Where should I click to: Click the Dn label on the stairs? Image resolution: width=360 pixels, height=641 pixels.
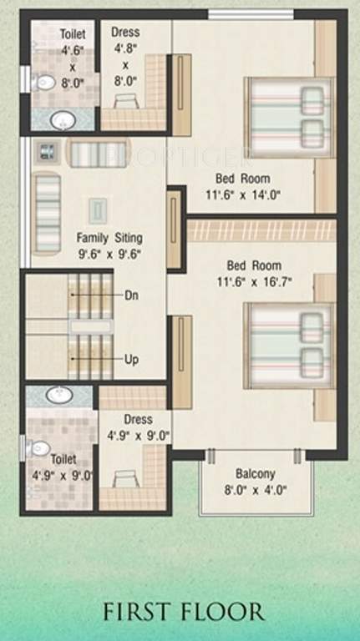pyautogui.click(x=131, y=295)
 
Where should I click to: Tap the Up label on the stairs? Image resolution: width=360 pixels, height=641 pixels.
pyautogui.click(x=131, y=360)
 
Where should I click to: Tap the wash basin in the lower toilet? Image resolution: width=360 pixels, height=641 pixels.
pyautogui.click(x=58, y=393)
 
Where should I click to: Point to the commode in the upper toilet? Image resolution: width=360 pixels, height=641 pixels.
pyautogui.click(x=43, y=83)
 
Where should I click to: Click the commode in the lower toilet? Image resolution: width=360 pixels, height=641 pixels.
pyautogui.click(x=38, y=448)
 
